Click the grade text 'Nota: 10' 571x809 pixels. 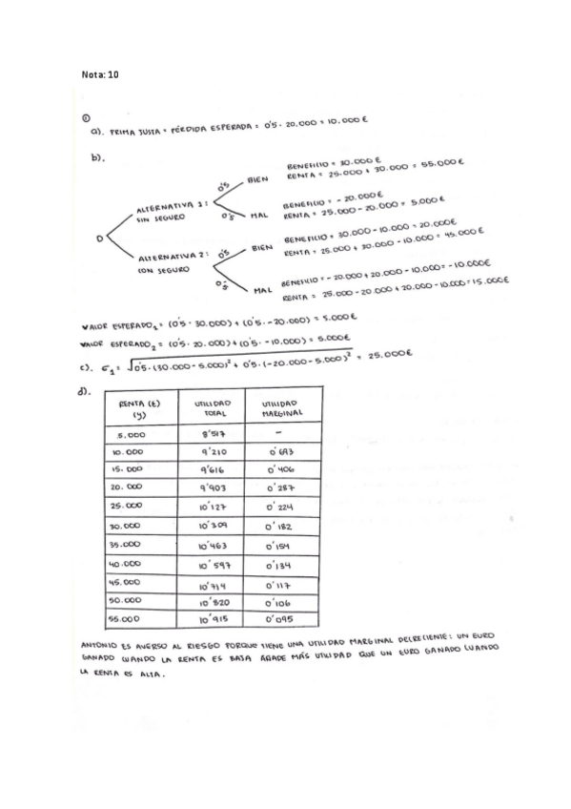pyautogui.click(x=100, y=73)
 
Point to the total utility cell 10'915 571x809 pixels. pyautogui.click(x=216, y=619)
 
